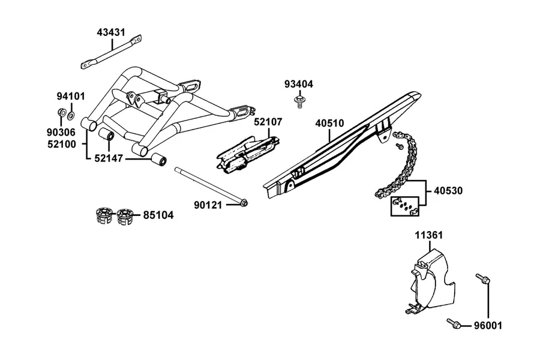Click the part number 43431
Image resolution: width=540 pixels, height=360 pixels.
coord(111,32)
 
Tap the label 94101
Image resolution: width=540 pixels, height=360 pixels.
coord(71,96)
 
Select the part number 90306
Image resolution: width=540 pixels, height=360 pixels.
coord(61,132)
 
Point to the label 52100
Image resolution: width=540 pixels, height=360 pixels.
coord(62,144)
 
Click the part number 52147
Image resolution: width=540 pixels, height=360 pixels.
coord(109,158)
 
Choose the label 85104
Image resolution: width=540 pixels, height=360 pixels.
coord(158,215)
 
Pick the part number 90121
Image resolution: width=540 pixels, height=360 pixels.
coord(208,205)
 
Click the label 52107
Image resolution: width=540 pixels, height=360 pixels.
coord(268,122)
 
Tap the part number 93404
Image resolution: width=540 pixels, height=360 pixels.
coord(299,84)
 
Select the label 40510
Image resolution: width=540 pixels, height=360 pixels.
coord(329,123)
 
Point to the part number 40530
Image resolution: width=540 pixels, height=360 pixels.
coord(448,191)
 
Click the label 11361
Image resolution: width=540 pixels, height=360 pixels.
coord(429,235)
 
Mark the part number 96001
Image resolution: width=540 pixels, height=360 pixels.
coord(488,326)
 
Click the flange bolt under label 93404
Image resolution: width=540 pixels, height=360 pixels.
coord(299,103)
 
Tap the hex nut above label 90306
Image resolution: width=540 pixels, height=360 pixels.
coord(61,113)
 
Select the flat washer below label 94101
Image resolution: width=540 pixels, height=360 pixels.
coord(71,115)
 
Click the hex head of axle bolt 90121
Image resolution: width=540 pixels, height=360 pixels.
coord(244,203)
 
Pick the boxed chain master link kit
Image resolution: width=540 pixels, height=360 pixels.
coord(404,206)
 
